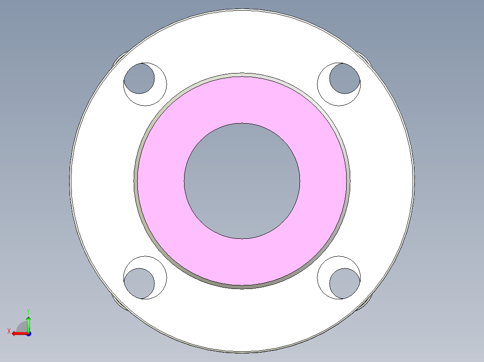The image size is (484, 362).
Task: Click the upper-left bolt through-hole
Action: [139, 79]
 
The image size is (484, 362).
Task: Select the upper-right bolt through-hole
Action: [344, 79]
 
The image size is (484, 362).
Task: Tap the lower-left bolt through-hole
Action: [139, 284]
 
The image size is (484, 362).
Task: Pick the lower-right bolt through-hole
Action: [344, 284]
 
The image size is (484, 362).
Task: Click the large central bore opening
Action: [242, 181]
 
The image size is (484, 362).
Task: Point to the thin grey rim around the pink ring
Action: [136, 181]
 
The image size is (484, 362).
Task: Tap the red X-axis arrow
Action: [18, 333]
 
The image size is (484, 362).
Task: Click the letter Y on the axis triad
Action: [28, 311]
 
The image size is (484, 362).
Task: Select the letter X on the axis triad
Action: [9, 331]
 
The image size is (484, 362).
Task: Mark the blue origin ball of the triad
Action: [28, 334]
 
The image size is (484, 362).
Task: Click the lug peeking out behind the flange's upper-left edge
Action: [119, 60]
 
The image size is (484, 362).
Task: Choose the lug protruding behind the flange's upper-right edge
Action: [365, 60]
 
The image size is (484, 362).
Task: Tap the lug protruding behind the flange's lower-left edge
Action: [119, 302]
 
